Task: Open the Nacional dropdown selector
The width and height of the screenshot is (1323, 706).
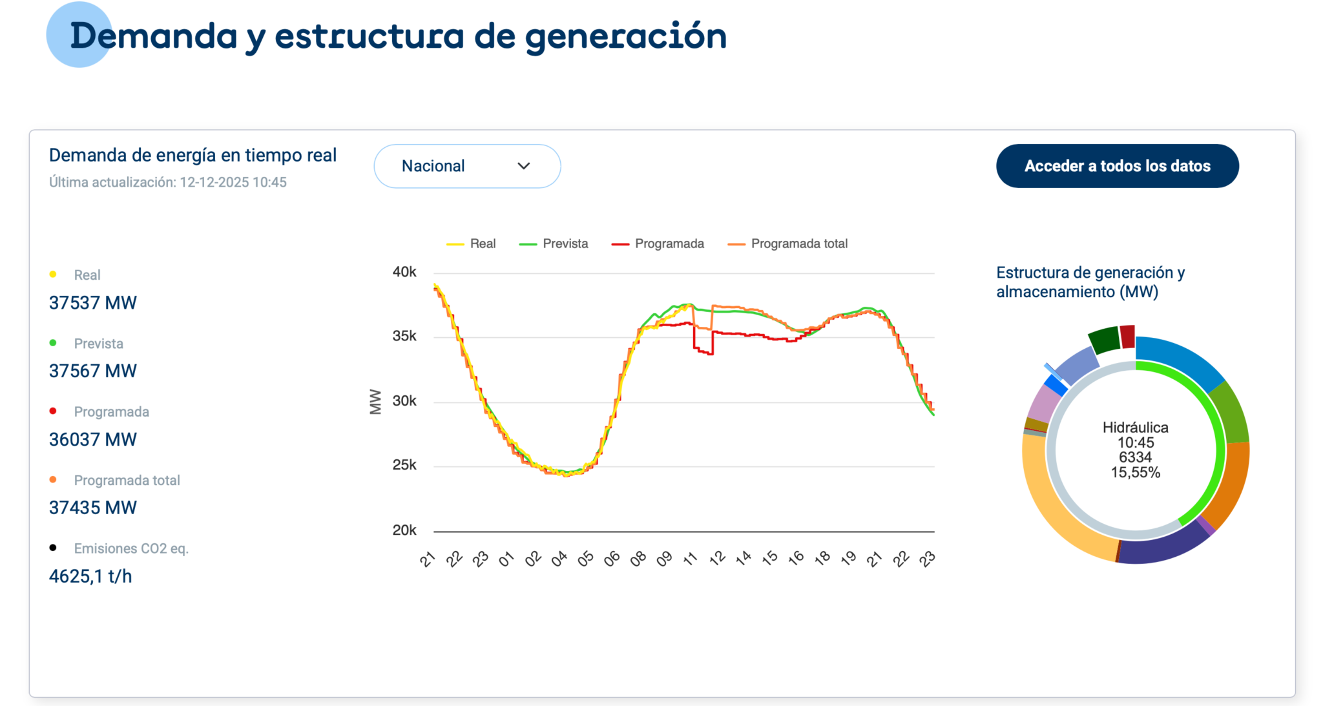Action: pos(466,166)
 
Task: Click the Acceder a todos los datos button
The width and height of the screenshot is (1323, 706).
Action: pos(1117,166)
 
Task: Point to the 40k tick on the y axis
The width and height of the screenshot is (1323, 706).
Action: pos(404,272)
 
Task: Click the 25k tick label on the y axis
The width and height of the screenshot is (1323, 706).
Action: pos(404,464)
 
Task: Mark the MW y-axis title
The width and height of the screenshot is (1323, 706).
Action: pos(375,401)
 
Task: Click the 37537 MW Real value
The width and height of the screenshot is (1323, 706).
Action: pos(93,302)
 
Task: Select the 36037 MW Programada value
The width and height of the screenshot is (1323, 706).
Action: pos(93,439)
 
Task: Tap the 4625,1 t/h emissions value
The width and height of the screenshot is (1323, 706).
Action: pos(90,576)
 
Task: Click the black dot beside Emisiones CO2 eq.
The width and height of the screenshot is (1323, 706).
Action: pos(53,548)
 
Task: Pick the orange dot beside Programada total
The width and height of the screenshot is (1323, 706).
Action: pos(53,479)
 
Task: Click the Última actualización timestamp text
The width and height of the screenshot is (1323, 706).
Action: pos(168,182)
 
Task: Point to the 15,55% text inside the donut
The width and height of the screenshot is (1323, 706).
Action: pos(1135,472)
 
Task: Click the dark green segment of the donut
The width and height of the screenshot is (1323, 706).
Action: pos(1104,339)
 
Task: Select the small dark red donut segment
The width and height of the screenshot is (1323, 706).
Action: pos(1127,337)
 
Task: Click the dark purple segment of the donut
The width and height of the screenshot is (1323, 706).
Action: pos(1160,544)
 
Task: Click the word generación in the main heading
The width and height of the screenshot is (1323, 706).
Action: pos(625,36)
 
